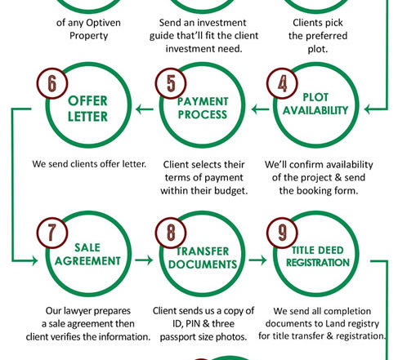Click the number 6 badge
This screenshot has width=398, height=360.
52,83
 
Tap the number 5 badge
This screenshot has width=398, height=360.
171,83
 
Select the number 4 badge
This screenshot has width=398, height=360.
282,83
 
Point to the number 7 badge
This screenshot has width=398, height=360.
52,233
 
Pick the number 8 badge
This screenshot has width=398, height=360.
171,233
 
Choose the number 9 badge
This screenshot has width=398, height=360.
282,233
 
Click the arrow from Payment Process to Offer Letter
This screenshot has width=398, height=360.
145,109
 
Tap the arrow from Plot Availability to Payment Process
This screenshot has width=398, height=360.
260,109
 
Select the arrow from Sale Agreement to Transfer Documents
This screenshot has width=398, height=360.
144,260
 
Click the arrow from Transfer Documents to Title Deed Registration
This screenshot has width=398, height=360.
257,260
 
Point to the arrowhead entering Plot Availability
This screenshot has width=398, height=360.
368,109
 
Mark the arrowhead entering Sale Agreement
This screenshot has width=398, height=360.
34,260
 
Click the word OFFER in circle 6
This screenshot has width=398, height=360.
87,101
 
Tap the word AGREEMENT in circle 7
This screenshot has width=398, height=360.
87,261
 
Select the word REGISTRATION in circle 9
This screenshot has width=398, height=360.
318,263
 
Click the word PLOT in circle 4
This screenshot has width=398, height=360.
315,97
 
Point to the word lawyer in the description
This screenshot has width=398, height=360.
74,311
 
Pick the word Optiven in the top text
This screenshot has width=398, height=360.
103,23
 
